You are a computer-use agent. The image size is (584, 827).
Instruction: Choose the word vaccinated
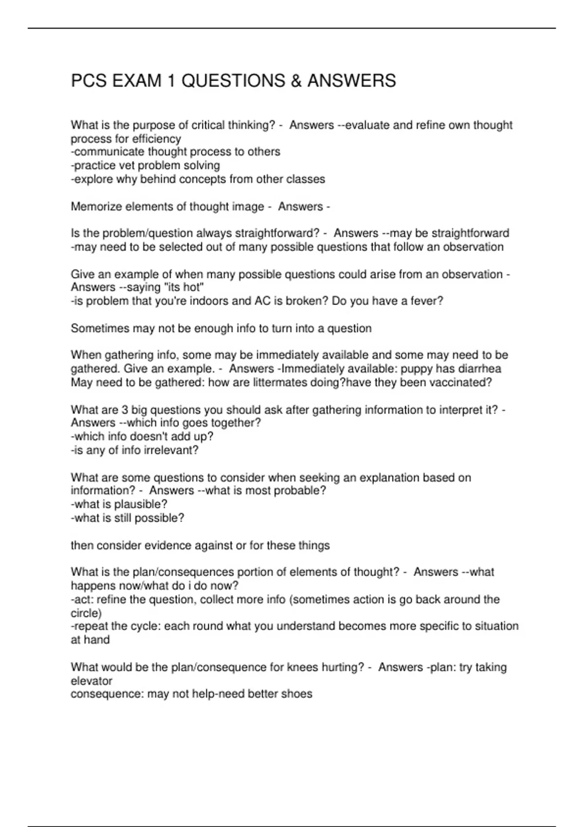coord(460,382)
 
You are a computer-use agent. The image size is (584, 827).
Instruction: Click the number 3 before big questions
coord(125,410)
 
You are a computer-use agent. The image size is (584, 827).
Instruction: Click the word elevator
coord(91,681)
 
